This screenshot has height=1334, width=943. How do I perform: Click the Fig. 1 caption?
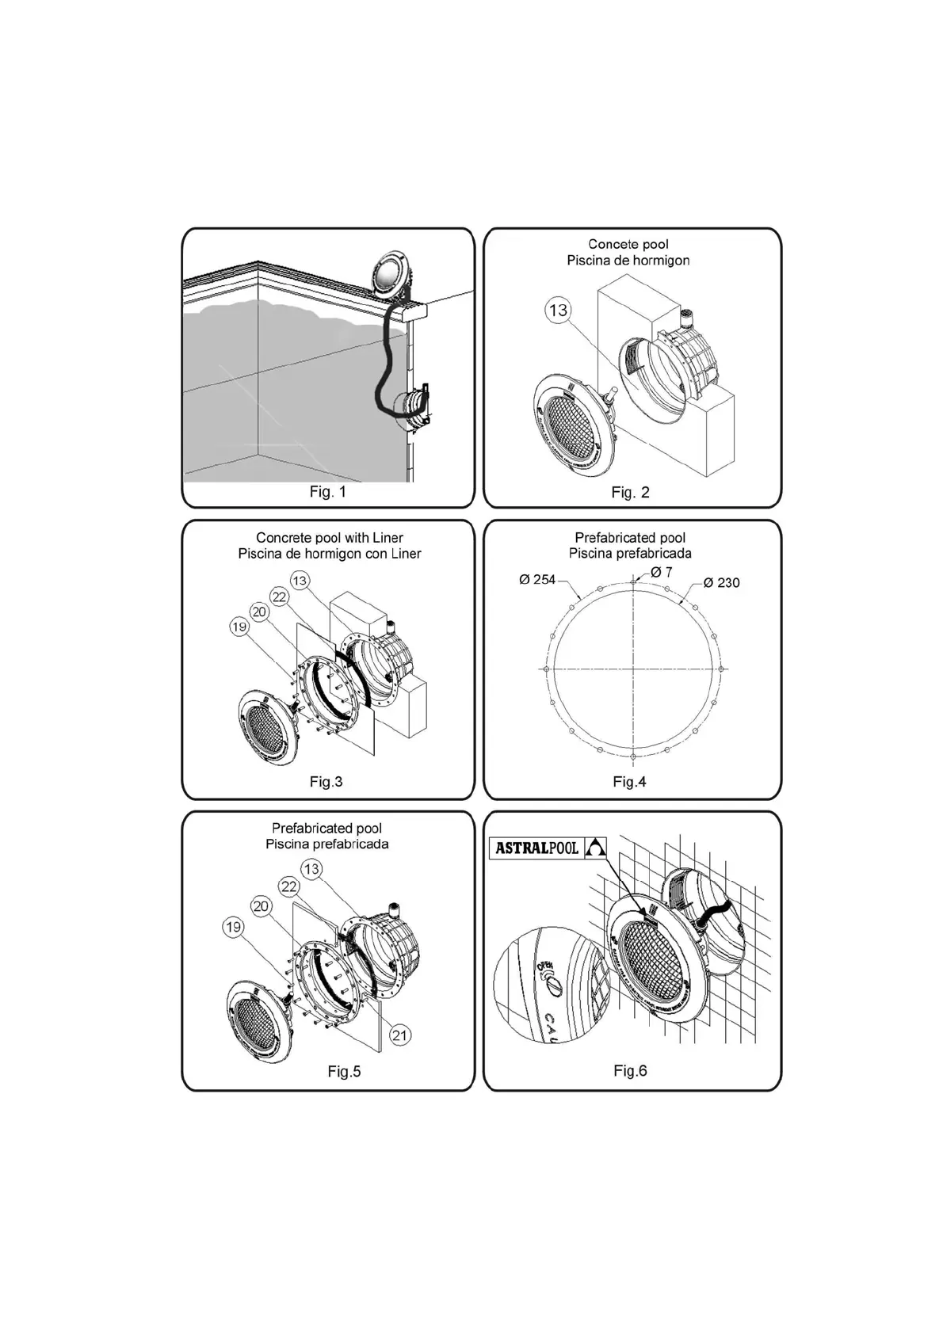pyautogui.click(x=327, y=492)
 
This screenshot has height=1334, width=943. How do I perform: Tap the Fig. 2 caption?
pyautogui.click(x=630, y=493)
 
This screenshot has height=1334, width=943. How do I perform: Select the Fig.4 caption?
pyautogui.click(x=629, y=782)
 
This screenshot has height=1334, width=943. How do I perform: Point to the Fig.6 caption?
pyautogui.click(x=630, y=1071)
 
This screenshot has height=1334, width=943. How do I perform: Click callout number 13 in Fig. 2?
pyautogui.click(x=559, y=310)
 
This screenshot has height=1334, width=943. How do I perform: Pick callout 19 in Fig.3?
pyautogui.click(x=239, y=627)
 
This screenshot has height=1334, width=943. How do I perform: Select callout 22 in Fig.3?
pyautogui.click(x=279, y=596)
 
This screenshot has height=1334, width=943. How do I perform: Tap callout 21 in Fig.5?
pyautogui.click(x=401, y=1035)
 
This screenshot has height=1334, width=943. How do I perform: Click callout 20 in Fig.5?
pyautogui.click(x=262, y=906)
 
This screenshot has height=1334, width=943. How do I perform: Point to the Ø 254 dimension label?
pyautogui.click(x=537, y=580)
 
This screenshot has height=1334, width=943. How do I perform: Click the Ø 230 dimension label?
pyautogui.click(x=721, y=583)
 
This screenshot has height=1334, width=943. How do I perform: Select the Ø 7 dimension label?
pyautogui.click(x=661, y=572)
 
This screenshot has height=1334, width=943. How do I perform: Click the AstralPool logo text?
pyautogui.click(x=536, y=848)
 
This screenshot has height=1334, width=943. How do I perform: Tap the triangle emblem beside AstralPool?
pyautogui.click(x=595, y=848)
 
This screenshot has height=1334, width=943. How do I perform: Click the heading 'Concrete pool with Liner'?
pyautogui.click(x=330, y=538)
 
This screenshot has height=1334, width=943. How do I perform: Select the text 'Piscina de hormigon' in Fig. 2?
pyautogui.click(x=628, y=261)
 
